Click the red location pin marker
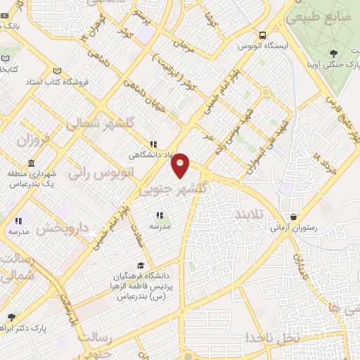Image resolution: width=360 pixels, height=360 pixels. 181,165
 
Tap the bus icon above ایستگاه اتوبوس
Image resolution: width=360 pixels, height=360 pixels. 262,35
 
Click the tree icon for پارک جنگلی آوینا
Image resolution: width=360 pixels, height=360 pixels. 333,53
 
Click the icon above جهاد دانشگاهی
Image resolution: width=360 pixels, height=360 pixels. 153,143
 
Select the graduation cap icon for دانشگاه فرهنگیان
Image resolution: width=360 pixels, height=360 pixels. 141,266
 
